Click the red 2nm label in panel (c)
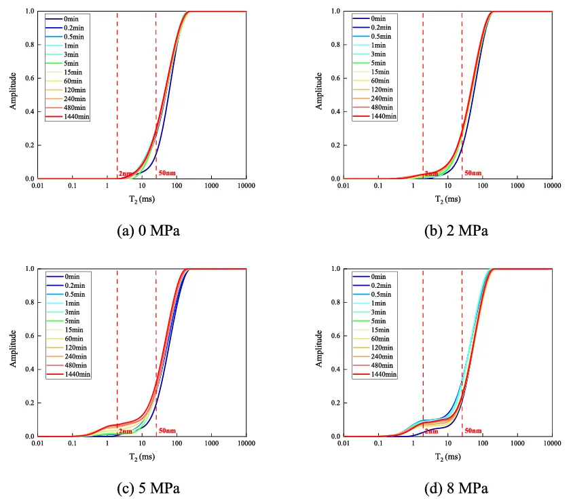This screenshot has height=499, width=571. click(126, 431)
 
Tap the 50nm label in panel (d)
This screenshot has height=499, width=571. click(473, 431)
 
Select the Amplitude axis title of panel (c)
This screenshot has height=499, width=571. click(13, 352)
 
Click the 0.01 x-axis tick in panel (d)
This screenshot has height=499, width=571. click(346, 443)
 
